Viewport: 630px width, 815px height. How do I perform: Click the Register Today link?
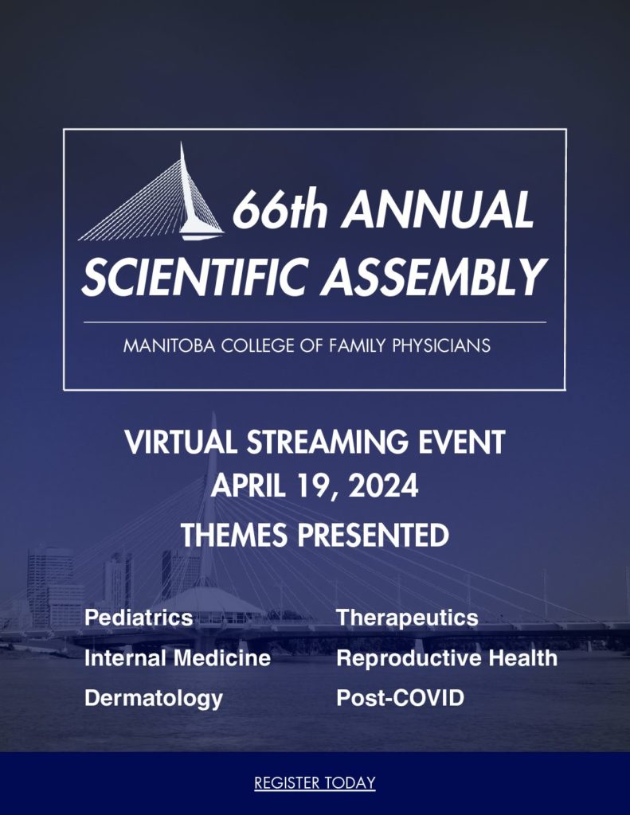315,783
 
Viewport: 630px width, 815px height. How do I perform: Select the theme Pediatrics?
139,618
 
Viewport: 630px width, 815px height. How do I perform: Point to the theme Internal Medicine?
178,658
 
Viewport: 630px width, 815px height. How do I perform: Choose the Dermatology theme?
154,699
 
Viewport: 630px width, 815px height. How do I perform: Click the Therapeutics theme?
407,618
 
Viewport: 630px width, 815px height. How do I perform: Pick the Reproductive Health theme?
447,658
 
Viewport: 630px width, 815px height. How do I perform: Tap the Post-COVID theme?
400,698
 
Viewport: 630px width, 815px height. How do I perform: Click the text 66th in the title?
280,209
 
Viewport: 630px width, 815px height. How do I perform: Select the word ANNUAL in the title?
437,209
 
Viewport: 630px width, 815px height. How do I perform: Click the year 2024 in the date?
383,486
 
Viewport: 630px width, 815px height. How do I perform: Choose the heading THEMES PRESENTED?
315,535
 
